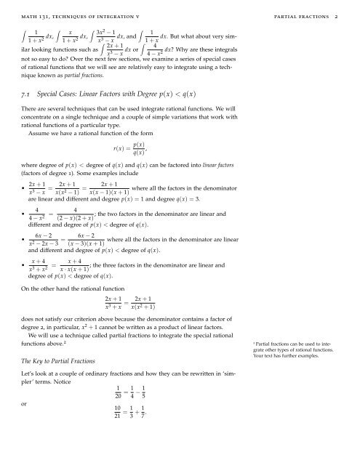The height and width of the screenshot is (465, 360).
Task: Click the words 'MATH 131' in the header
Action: [34, 13]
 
